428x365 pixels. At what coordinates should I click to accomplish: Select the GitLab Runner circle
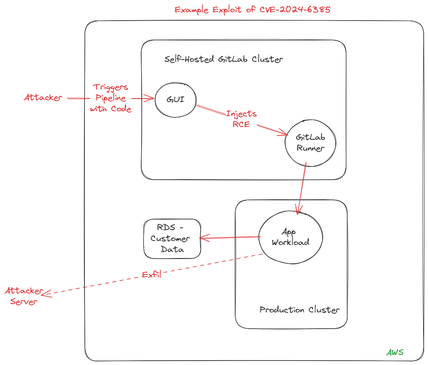pyautogui.click(x=310, y=143)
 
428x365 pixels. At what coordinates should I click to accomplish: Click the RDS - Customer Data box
pyautogui.click(x=172, y=239)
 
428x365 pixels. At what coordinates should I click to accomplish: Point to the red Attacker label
pyautogui.click(x=43, y=98)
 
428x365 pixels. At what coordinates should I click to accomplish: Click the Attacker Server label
pyautogui.click(x=24, y=296)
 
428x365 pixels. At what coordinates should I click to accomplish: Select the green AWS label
pyautogui.click(x=395, y=352)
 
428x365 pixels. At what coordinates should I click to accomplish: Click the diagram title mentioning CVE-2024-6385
pyautogui.click(x=253, y=10)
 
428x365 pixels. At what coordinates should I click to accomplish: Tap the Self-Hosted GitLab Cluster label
pyautogui.click(x=223, y=59)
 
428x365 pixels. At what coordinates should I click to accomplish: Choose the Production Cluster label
pyautogui.click(x=299, y=310)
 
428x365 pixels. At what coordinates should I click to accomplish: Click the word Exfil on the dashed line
pyautogui.click(x=152, y=275)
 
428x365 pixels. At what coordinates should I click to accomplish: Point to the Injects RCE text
pyautogui.click(x=241, y=119)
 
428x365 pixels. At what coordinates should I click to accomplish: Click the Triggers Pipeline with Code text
pyautogui.click(x=111, y=98)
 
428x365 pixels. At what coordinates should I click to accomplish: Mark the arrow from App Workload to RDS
pyautogui.click(x=230, y=237)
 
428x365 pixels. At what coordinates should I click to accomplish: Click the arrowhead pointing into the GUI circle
pyautogui.click(x=151, y=99)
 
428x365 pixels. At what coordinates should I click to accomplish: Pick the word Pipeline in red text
pyautogui.click(x=111, y=98)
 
